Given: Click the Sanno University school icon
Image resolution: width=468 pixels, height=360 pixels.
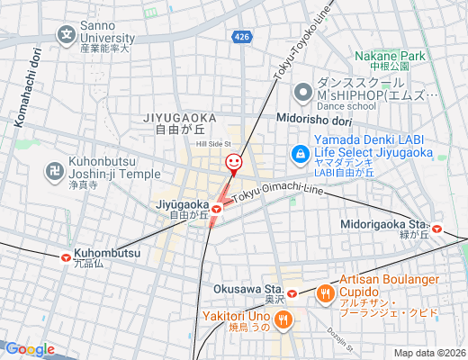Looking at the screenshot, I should coord(67,36).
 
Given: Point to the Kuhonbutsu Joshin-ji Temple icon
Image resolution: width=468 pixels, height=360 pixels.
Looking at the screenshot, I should coord(52,169).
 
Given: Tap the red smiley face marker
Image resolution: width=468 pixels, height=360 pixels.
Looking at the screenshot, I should coord(233,162).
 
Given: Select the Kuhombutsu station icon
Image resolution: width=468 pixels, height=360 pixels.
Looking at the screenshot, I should coord(67,256).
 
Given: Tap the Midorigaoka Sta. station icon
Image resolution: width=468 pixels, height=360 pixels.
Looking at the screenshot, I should coord(436,229).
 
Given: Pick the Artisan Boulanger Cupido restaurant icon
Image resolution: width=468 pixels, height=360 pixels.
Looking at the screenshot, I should coord(326,292).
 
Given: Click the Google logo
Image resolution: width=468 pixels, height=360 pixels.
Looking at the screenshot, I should coord(29,349).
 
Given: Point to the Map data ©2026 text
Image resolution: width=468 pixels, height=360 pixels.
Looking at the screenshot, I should coord(428,353).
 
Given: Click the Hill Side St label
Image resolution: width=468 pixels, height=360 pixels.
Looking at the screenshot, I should coord(214,144).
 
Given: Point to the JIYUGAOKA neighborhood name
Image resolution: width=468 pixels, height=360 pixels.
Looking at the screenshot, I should coord(180,117).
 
